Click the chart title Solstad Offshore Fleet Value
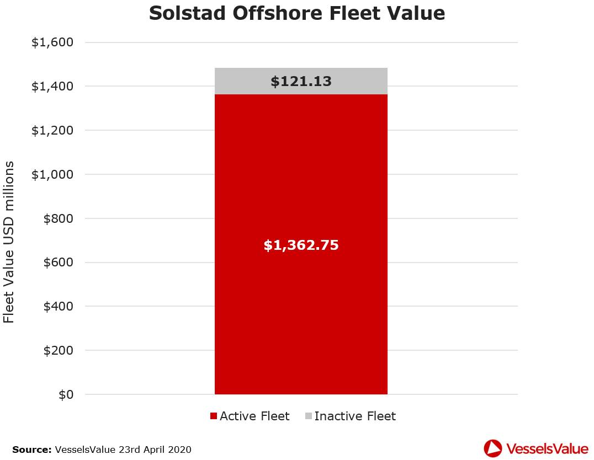pos(297,13)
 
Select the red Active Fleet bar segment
pos(301,309)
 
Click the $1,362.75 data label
pos(301,245)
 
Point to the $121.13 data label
pos(301,82)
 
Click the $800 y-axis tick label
pos(59,218)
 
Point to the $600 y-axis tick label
pos(59,263)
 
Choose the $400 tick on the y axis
pos(59,306)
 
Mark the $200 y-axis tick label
pos(59,350)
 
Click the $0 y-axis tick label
pos(65,394)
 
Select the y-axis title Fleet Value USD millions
pos(9,243)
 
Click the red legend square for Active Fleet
pos(214,416)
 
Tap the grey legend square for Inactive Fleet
pos(308,416)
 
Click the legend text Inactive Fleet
pos(355,416)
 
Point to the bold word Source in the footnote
pos(32,450)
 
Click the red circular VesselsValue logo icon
pos(492,448)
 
